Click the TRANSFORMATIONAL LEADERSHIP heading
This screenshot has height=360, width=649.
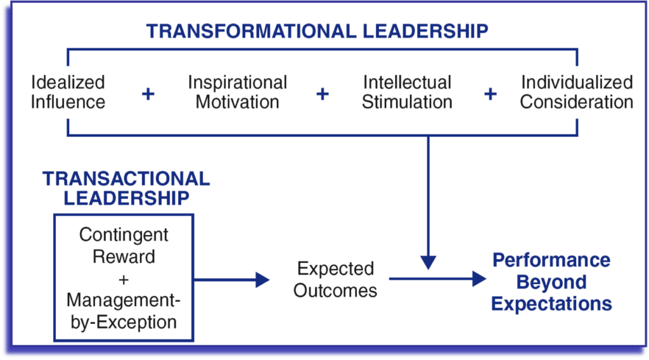point(318,32)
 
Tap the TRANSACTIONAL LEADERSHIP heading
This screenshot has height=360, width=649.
point(126,188)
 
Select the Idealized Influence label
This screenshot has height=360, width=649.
point(68,92)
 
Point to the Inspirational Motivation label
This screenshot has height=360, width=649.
point(238,92)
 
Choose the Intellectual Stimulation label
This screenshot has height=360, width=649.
point(408,92)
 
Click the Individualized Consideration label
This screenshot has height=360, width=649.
point(577,92)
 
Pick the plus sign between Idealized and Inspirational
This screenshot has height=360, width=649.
point(148,94)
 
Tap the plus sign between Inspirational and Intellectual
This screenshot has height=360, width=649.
point(323,94)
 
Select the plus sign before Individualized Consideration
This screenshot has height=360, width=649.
point(491,94)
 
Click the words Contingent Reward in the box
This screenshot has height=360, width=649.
point(124,246)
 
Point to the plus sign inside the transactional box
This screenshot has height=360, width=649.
point(124,280)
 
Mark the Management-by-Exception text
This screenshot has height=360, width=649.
point(124,311)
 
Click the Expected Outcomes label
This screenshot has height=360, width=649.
point(336,280)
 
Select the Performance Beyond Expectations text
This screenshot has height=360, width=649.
point(551,282)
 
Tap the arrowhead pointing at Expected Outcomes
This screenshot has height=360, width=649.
point(262,280)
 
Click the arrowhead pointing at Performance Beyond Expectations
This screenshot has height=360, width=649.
point(479,279)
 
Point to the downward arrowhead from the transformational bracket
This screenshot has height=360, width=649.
point(428,263)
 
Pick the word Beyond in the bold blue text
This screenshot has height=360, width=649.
point(551,282)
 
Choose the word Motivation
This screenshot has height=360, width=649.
point(238,102)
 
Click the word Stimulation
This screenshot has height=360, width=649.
point(408,102)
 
